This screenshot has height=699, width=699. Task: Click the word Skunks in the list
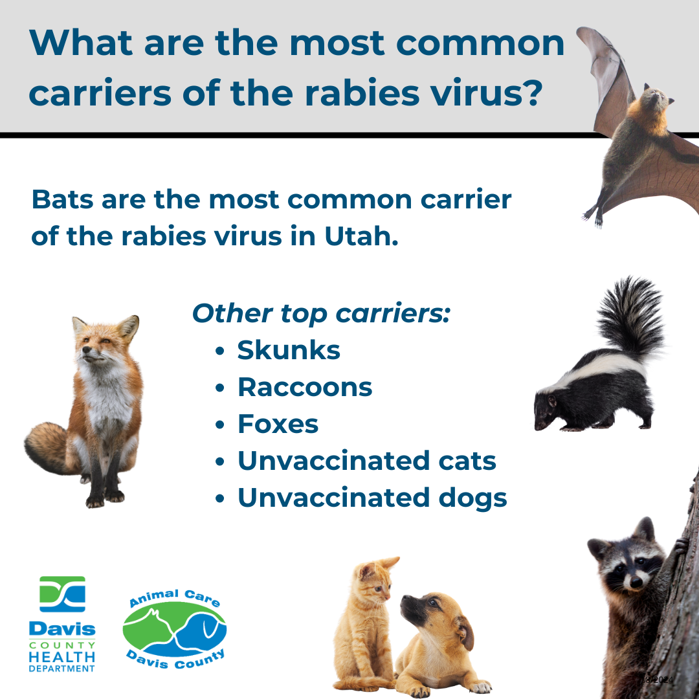coord(289,351)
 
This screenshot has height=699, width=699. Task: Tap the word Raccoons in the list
coord(305,388)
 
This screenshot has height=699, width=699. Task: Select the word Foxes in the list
coord(278,425)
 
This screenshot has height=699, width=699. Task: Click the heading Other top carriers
coord(321,314)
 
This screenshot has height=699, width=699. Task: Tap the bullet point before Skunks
coord(220,352)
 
